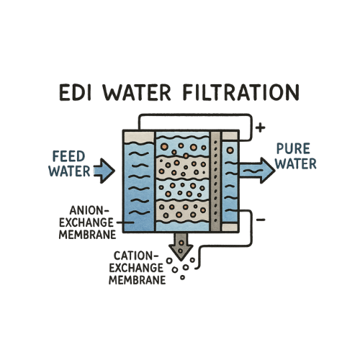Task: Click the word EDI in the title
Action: point(75,92)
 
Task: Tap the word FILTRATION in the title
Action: point(241,92)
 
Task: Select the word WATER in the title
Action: point(137,92)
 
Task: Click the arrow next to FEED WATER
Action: point(104,171)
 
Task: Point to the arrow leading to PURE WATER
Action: point(257,171)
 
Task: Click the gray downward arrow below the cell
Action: point(181,247)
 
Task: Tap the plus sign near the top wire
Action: point(260,127)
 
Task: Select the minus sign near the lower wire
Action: point(261,220)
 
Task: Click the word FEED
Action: point(68,156)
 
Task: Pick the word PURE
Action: point(293,148)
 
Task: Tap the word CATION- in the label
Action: point(133,256)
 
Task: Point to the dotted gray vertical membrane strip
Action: point(215,181)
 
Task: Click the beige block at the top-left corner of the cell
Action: point(139,137)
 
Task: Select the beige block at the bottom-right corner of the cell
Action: point(230,227)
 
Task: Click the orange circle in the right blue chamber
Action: point(230,150)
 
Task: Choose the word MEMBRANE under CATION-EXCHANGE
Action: point(138,280)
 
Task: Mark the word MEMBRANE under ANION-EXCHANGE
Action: point(88,235)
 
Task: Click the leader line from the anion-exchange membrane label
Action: point(125,222)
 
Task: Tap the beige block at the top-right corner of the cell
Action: point(230,135)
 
